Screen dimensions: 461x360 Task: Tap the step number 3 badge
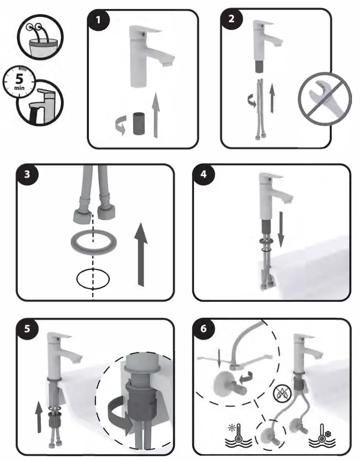28,175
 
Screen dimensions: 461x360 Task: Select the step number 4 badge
204,175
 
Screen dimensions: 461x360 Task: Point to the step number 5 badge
28,330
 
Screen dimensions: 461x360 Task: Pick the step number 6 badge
204,330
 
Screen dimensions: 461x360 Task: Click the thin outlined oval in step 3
93,279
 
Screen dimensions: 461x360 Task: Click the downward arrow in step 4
281,233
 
